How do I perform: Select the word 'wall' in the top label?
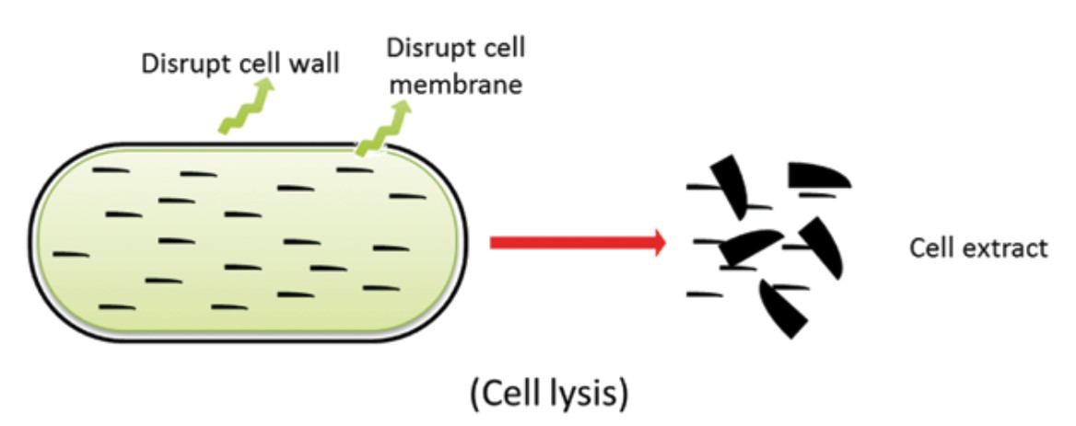(315, 63)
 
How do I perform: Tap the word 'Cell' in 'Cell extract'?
(928, 248)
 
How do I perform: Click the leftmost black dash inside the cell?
(71, 254)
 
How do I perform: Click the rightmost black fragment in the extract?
(825, 247)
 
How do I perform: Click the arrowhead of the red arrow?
(656, 243)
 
